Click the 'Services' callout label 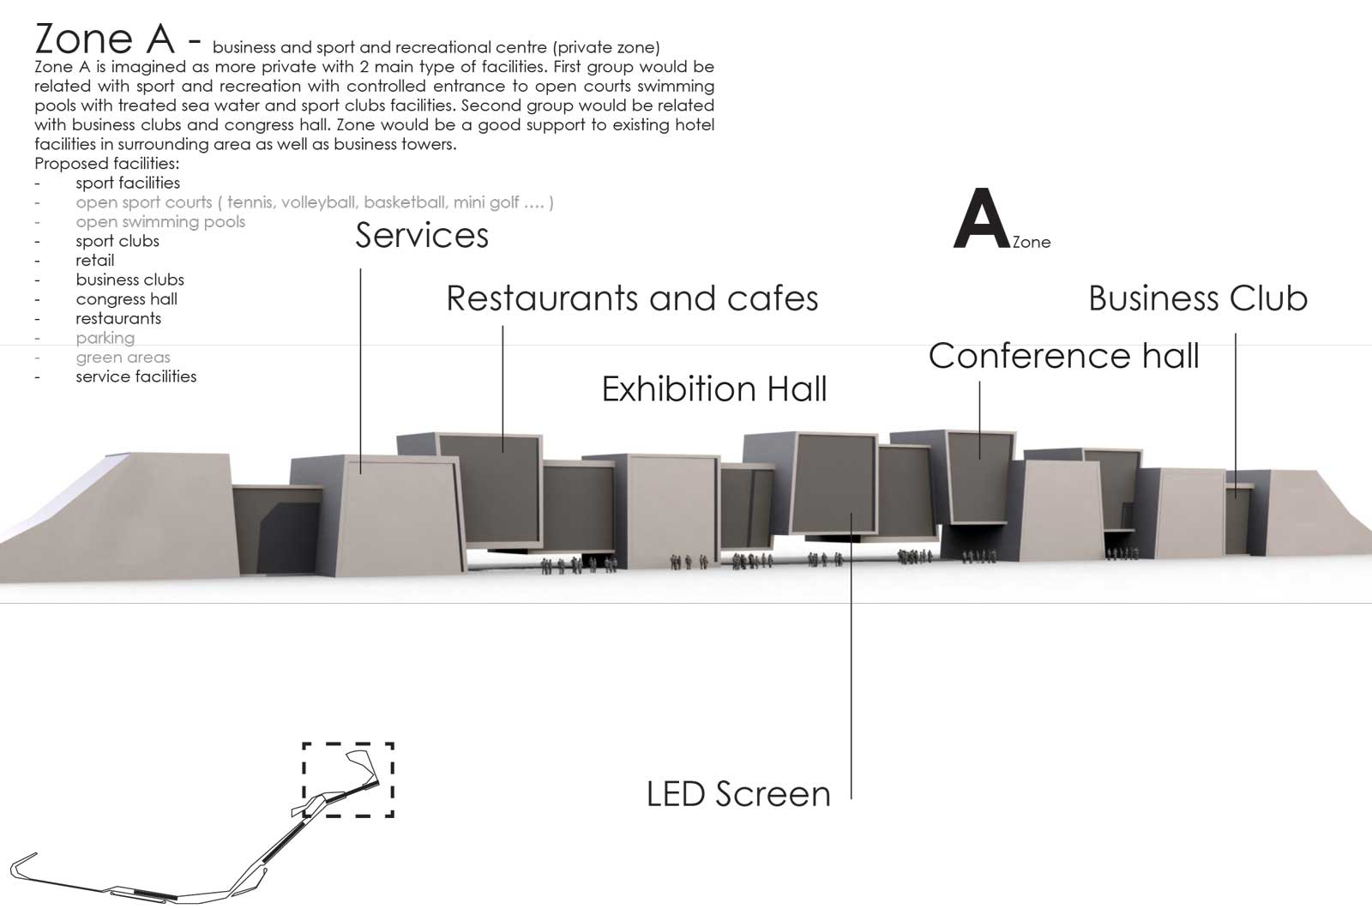click(x=421, y=235)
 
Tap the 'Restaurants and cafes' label click(x=632, y=298)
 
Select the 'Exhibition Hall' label click(x=714, y=388)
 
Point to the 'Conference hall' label click(x=1064, y=355)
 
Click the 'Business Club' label click(x=1198, y=298)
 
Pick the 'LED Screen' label click(x=738, y=794)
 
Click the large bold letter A click(x=982, y=219)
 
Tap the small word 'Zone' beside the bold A click(x=1032, y=242)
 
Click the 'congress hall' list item click(x=127, y=299)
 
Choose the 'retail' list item click(x=95, y=261)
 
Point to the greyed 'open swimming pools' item click(x=160, y=222)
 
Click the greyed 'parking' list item click(x=105, y=338)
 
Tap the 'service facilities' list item click(x=136, y=376)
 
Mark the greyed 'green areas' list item click(x=123, y=357)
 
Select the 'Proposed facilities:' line click(x=106, y=164)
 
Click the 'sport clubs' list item click(x=117, y=241)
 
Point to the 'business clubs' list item click(x=129, y=280)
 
